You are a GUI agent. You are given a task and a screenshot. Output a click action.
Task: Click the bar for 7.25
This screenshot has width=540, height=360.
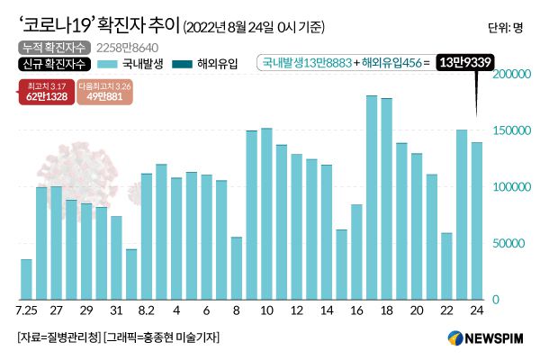(26, 279)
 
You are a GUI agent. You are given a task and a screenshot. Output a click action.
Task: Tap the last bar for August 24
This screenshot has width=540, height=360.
(477, 220)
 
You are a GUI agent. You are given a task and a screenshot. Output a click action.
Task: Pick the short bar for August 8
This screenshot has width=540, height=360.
(237, 267)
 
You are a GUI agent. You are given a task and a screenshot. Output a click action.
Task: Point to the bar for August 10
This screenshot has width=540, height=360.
(266, 213)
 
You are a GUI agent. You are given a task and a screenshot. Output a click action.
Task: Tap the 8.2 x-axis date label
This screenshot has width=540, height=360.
(146, 310)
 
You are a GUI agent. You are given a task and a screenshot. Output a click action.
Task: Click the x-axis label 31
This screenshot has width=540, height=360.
(116, 310)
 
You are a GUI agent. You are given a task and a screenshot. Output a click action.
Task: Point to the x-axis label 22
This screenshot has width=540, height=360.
(446, 310)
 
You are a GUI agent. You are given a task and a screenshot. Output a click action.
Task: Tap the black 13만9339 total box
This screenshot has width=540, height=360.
(466, 62)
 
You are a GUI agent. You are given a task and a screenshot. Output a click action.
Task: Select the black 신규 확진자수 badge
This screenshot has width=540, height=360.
(45, 63)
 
